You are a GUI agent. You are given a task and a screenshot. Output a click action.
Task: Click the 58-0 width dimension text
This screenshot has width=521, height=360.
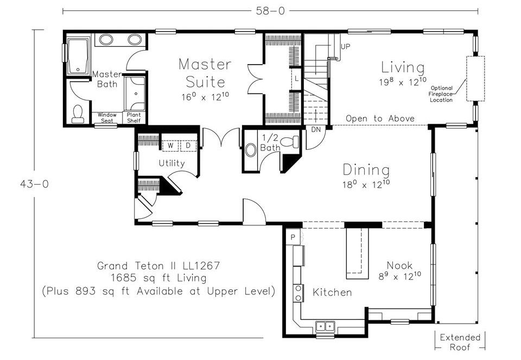click(x=270, y=11)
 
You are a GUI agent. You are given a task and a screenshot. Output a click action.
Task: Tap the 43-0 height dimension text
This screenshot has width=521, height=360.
click(x=34, y=184)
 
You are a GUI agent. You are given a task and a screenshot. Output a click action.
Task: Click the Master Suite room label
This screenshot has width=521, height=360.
click(x=205, y=73)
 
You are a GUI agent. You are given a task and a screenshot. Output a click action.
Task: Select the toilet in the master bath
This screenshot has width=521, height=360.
click(x=78, y=114)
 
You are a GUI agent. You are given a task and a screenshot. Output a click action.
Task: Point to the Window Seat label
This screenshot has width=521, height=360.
click(x=107, y=118)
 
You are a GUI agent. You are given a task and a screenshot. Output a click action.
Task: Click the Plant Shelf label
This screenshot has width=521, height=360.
click(x=134, y=118)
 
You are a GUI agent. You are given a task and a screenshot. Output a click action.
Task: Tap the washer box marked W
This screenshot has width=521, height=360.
click(x=170, y=146)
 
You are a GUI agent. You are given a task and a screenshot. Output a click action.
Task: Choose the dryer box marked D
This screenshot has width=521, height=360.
click(x=188, y=146)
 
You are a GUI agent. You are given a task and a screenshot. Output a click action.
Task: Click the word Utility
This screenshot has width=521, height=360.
click(x=171, y=163)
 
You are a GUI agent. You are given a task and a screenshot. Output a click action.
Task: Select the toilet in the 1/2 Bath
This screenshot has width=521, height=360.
click(x=290, y=142)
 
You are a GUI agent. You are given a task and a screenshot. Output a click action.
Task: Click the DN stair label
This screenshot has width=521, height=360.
click(x=316, y=129)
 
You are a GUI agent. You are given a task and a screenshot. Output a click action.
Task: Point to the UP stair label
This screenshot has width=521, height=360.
click(x=345, y=47)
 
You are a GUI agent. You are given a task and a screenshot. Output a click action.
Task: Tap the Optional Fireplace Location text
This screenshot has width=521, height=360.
click(x=441, y=94)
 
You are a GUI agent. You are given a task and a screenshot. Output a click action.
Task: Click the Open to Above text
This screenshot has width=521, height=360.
click(x=380, y=119)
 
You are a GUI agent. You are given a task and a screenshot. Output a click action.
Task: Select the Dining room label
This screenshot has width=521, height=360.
click(x=366, y=170)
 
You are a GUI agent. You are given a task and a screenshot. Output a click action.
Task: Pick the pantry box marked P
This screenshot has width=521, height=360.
click(x=293, y=237)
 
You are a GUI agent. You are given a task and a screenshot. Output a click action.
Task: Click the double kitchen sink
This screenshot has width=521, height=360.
click(x=325, y=326)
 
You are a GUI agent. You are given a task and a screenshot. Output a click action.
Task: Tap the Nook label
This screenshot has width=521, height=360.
click(x=399, y=266)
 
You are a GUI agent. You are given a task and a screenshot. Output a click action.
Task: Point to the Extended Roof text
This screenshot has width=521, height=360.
click(x=460, y=343)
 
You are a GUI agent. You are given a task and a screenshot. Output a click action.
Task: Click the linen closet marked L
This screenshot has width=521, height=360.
click(x=296, y=79)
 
